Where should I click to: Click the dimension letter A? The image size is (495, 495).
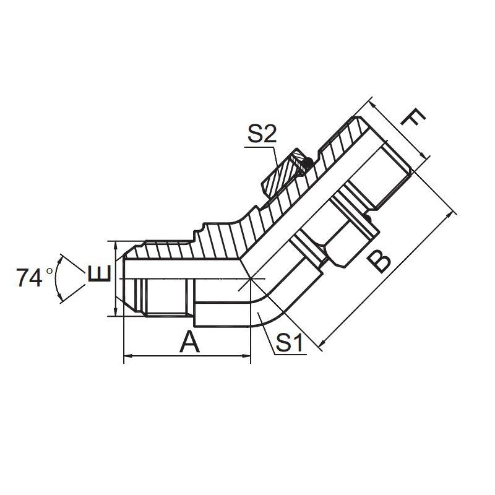coord(189,342)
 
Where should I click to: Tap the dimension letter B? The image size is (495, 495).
coord(379,260)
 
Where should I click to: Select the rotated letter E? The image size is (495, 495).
coord(100,273)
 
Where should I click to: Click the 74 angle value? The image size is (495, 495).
coord(29,278)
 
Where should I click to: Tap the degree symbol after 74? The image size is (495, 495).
coord(49,271)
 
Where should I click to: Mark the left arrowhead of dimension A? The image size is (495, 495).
coord(127,356)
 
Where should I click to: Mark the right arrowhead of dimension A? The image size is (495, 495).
coord(246,356)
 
